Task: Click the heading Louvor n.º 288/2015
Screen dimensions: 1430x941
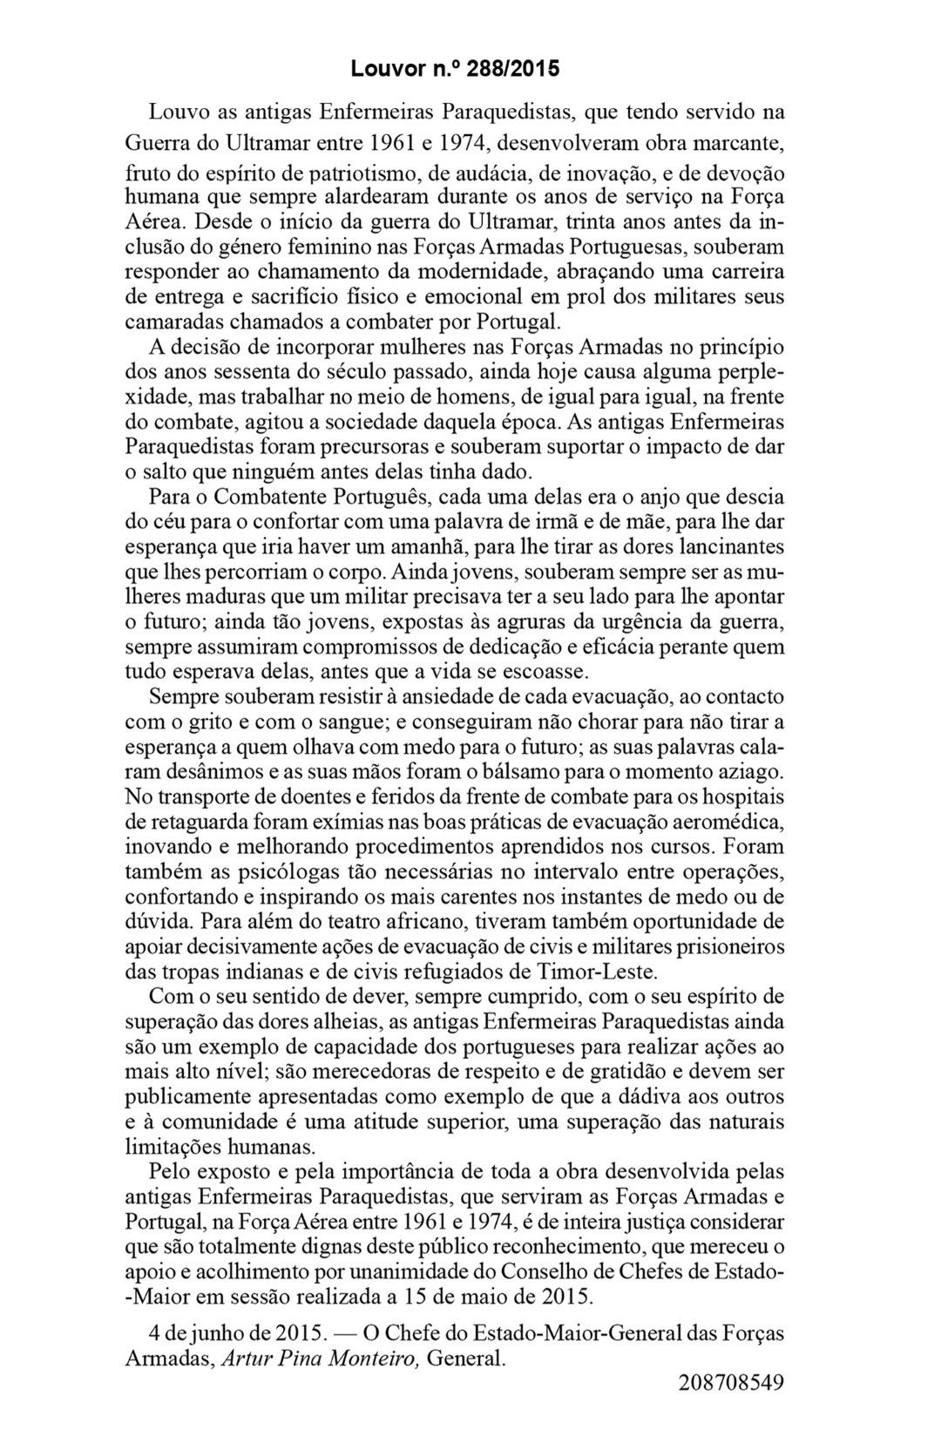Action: (456, 67)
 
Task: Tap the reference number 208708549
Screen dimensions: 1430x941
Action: (730, 1382)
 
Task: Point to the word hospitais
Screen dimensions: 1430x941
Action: (740, 796)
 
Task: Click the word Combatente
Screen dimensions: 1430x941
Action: (275, 498)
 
